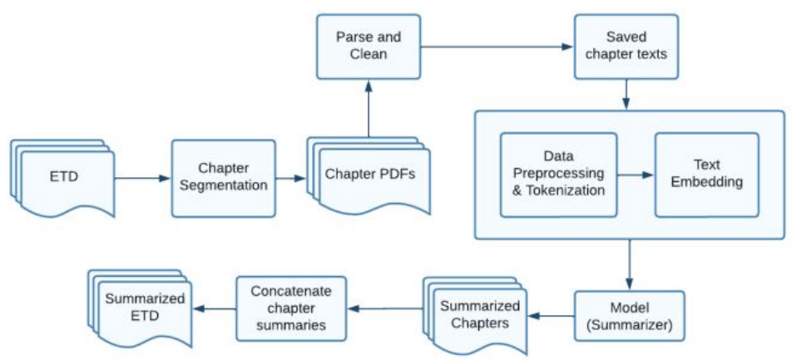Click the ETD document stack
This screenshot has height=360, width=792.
[x=62, y=178]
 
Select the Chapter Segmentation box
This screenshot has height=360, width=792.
[x=224, y=178]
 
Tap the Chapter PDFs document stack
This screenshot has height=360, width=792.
[x=369, y=175]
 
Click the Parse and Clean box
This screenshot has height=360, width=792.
[x=369, y=47]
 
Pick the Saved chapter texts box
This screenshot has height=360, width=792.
[x=626, y=47]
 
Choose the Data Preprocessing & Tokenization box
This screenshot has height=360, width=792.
[x=559, y=175]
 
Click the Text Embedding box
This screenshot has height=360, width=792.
[x=706, y=175]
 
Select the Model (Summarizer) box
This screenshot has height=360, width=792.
[x=629, y=316]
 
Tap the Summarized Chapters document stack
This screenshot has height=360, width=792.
[x=475, y=313]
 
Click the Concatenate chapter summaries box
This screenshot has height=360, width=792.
[x=292, y=308]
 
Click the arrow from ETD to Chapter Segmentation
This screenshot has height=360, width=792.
[x=143, y=178]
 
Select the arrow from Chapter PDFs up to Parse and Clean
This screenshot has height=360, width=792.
[x=369, y=108]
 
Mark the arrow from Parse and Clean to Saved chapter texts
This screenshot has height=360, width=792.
[x=497, y=47]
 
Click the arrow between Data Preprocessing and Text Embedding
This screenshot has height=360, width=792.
[x=636, y=175]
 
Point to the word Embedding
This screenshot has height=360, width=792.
[x=706, y=182]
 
